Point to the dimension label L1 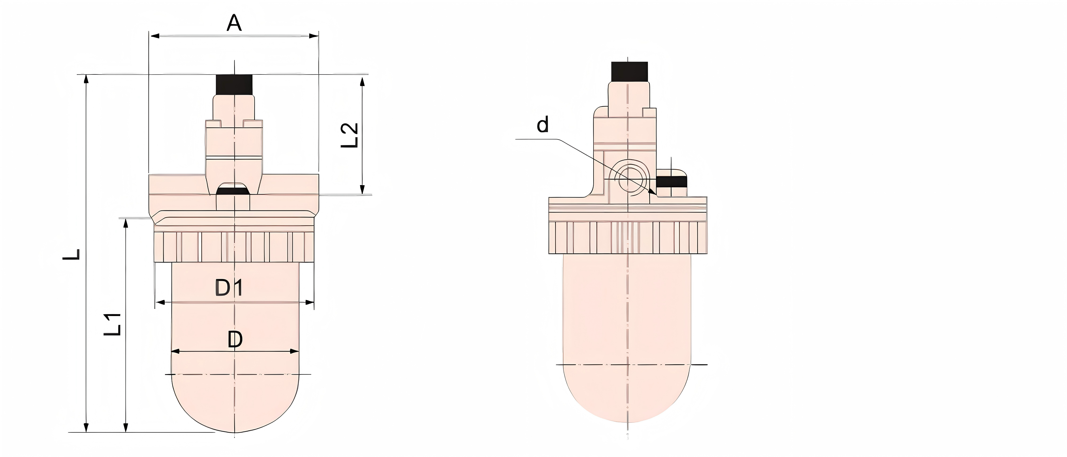point(113,324)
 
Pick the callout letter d point(542,125)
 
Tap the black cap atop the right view point(629,72)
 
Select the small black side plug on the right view point(671,182)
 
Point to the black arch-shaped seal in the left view point(233,190)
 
